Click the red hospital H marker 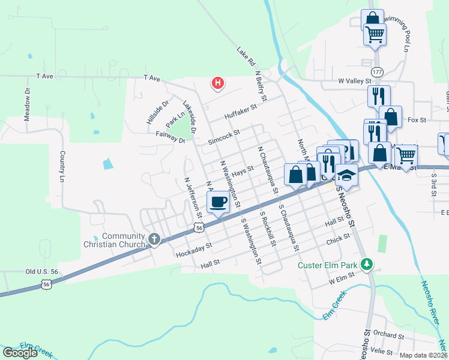[218, 83]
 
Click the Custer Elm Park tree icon [366, 264]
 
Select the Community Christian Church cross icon [154, 240]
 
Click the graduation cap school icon [346, 175]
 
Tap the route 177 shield [376, 72]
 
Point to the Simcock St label [224, 136]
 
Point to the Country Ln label [62, 166]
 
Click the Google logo [20, 353]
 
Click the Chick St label [338, 239]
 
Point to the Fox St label [416, 120]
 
